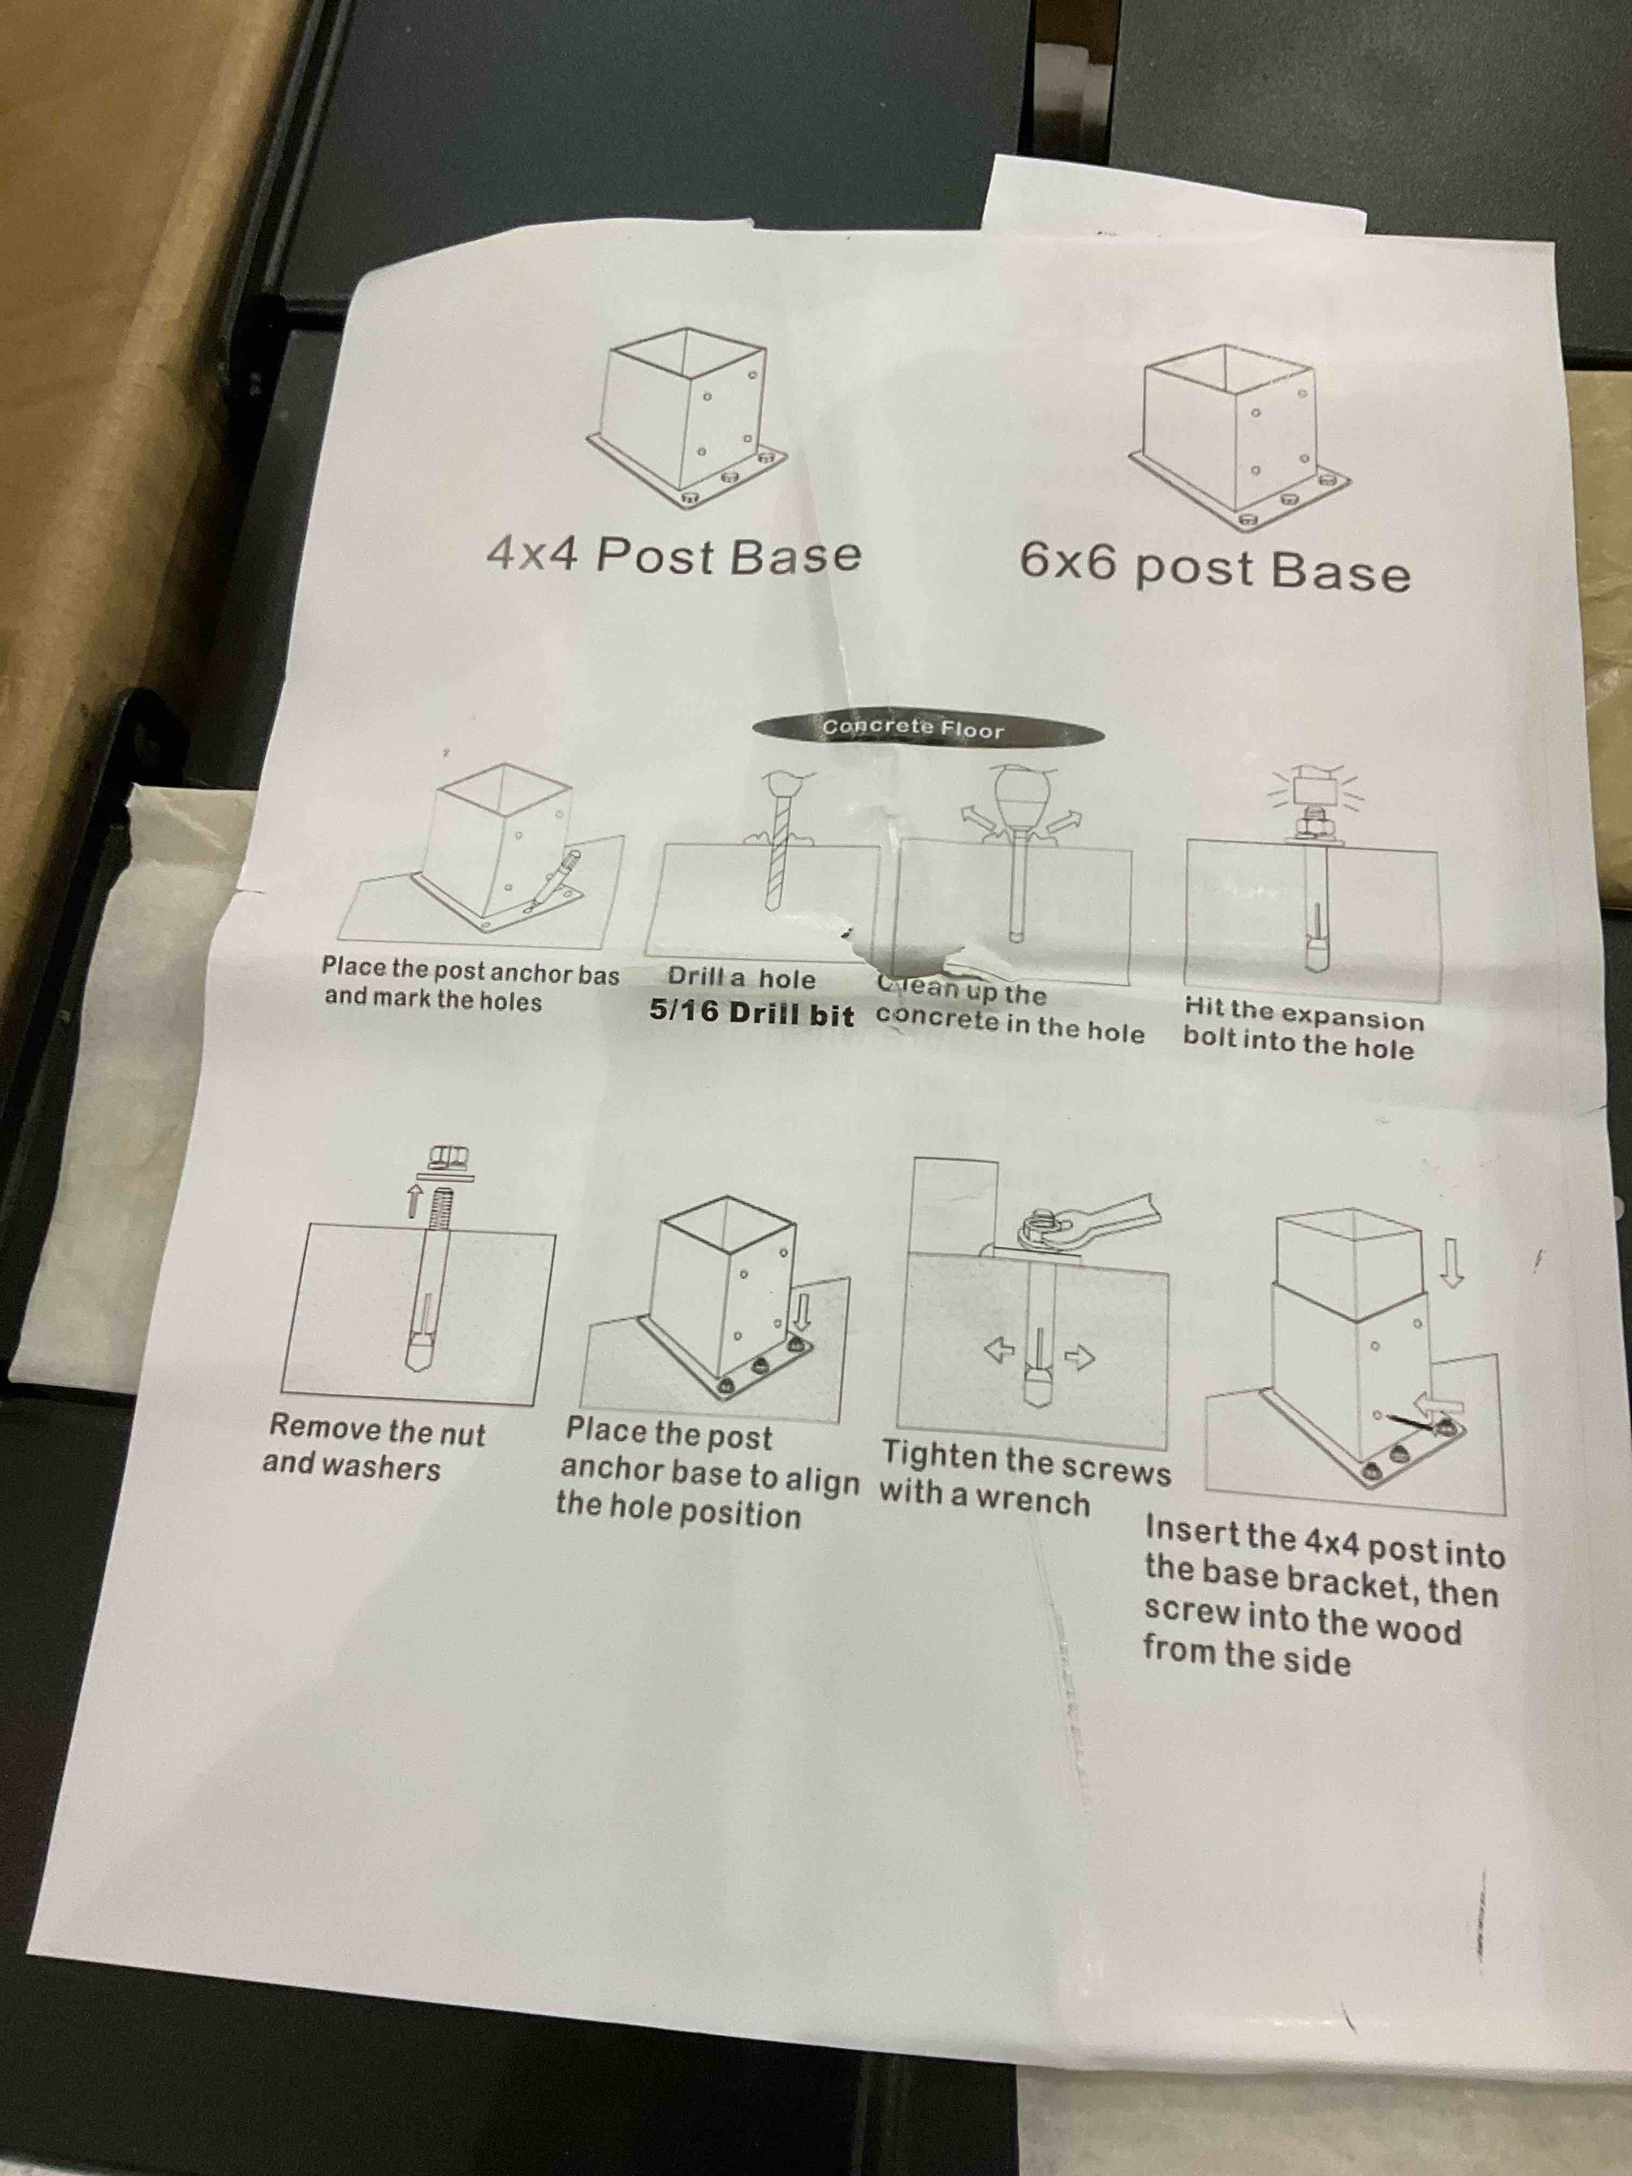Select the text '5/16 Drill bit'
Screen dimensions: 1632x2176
point(752,1013)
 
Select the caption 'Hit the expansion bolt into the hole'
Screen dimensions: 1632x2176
point(1303,1029)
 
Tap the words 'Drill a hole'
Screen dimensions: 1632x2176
point(742,978)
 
